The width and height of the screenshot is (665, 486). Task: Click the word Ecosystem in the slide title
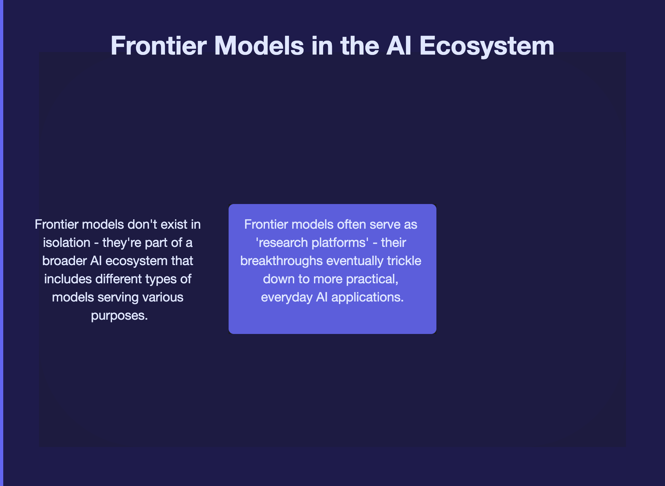487,46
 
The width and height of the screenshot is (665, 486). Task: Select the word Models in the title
259,46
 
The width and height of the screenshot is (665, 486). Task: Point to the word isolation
67,242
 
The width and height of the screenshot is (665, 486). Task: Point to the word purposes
119,316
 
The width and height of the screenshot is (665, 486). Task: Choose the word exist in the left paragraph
164,224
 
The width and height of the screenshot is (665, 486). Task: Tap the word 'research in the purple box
282,242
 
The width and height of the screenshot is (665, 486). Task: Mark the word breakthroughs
282,261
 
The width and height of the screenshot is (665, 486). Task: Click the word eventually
356,261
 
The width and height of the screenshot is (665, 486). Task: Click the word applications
368,298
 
